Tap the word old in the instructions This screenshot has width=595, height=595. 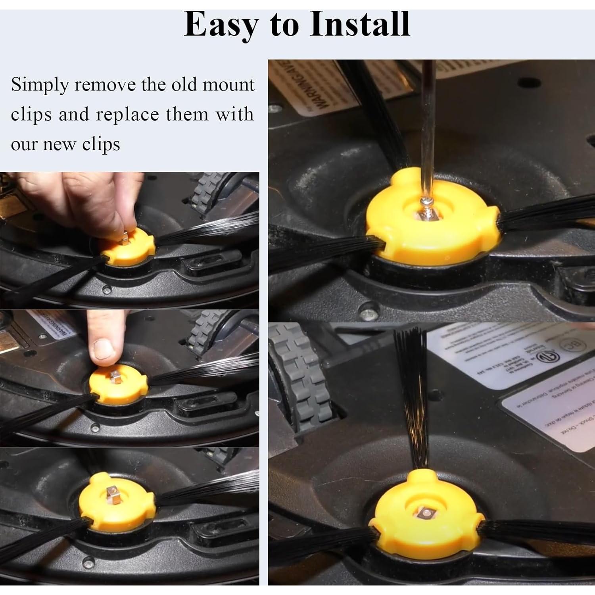point(186,85)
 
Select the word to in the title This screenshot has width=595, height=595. point(284,25)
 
